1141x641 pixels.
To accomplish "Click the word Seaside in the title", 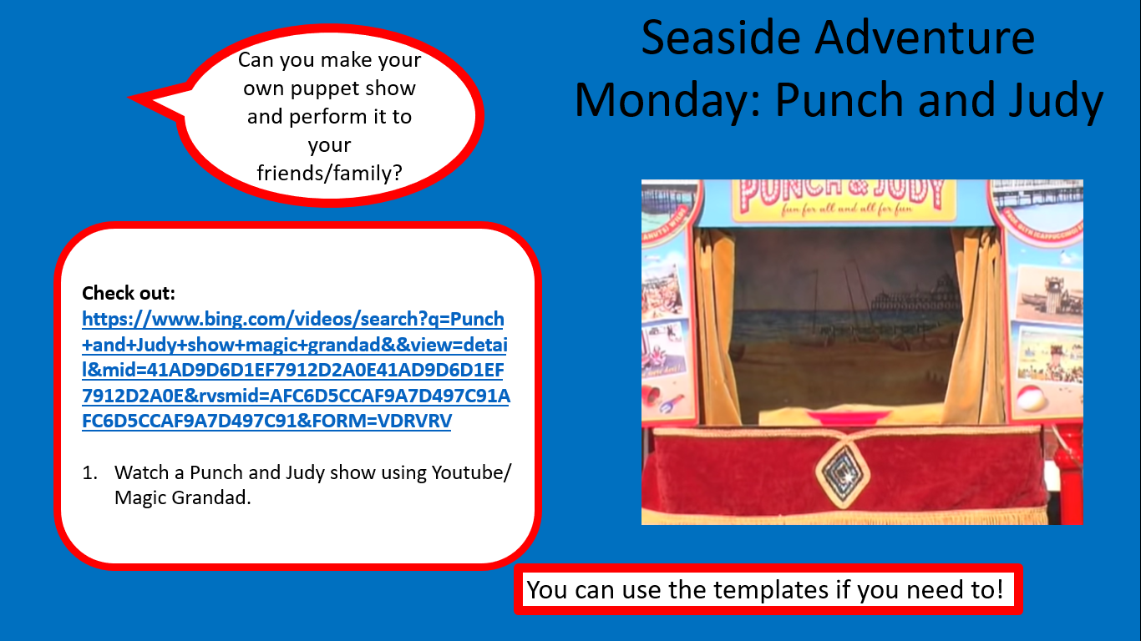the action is pos(721,38).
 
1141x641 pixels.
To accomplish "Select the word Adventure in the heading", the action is pos(925,38).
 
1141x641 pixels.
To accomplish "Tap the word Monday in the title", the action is pos(667,101).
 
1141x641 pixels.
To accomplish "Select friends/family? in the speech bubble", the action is pos(329,174).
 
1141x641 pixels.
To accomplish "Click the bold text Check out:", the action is pos(129,293).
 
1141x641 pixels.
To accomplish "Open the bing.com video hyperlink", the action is pos(296,370).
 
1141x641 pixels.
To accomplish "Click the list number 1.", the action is pos(89,473).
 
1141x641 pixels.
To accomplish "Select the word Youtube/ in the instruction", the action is pos(471,473).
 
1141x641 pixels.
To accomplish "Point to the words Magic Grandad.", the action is pos(182,498).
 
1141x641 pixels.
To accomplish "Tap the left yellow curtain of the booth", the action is pos(716,326).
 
